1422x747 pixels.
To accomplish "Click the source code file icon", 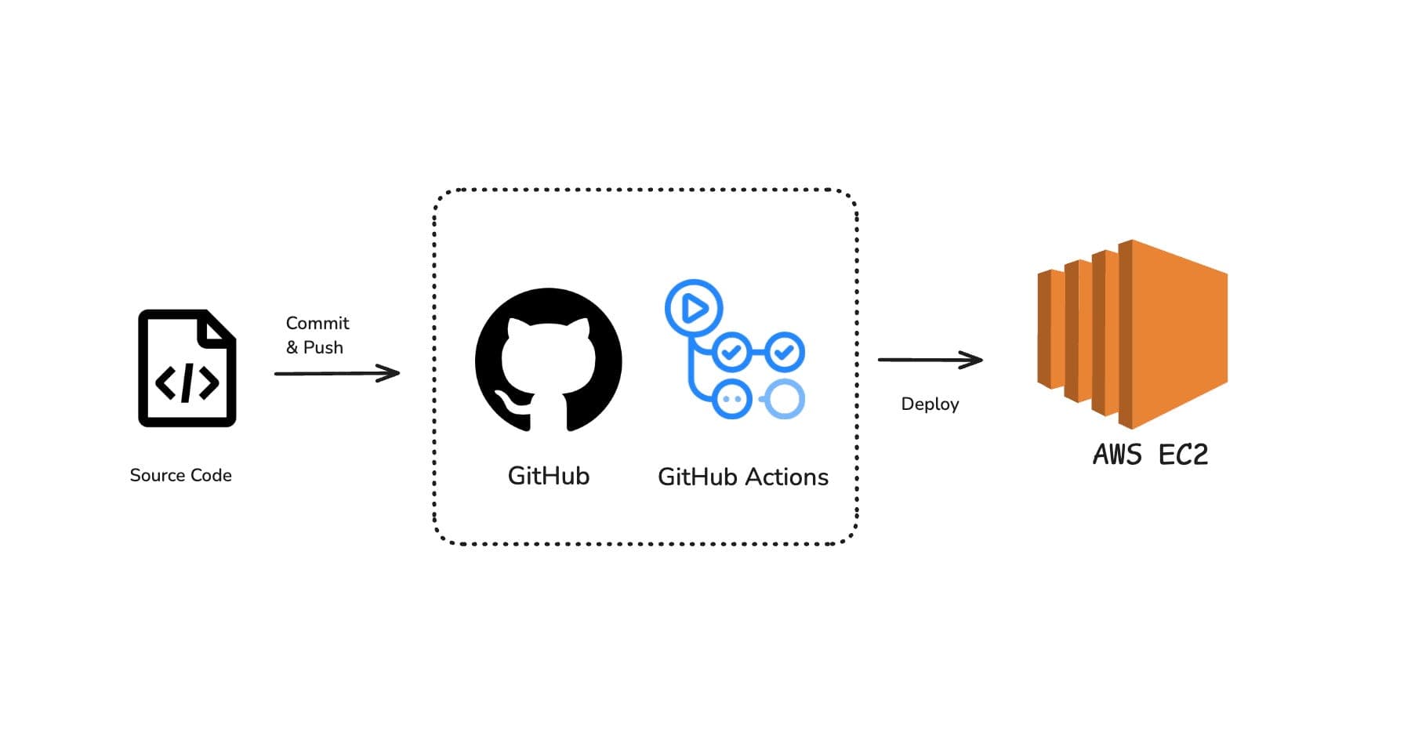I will (x=187, y=368).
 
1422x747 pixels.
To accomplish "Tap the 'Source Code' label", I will (x=180, y=475).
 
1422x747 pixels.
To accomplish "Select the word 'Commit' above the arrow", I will (x=317, y=323).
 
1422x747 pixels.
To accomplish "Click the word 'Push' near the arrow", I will (x=323, y=347).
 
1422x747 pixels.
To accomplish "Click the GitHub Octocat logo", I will (x=548, y=360).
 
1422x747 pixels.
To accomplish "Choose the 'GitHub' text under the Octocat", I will (x=548, y=476).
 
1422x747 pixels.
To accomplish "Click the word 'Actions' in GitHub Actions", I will (x=786, y=477).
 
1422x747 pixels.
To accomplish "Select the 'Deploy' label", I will (x=930, y=404).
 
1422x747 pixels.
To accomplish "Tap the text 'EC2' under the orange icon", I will (x=1183, y=455).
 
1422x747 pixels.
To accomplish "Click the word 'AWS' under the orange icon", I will (x=1117, y=455).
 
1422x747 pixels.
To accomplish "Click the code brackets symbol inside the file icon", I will (x=187, y=383).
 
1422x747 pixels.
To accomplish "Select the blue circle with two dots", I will (x=732, y=399).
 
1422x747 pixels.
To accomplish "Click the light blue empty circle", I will (x=784, y=399).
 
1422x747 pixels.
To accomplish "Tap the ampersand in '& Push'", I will (x=292, y=347).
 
